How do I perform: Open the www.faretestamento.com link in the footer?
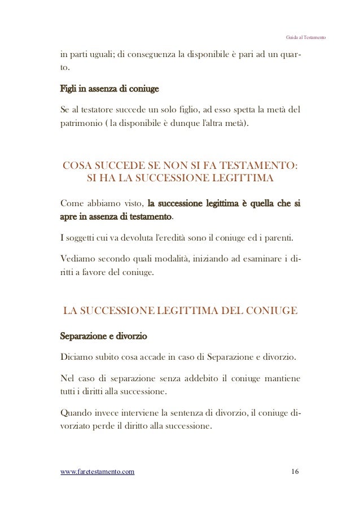click(x=97, y=472)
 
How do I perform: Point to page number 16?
click(x=296, y=472)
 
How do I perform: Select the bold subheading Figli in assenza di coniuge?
click(x=109, y=89)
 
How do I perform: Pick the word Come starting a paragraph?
click(x=72, y=203)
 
